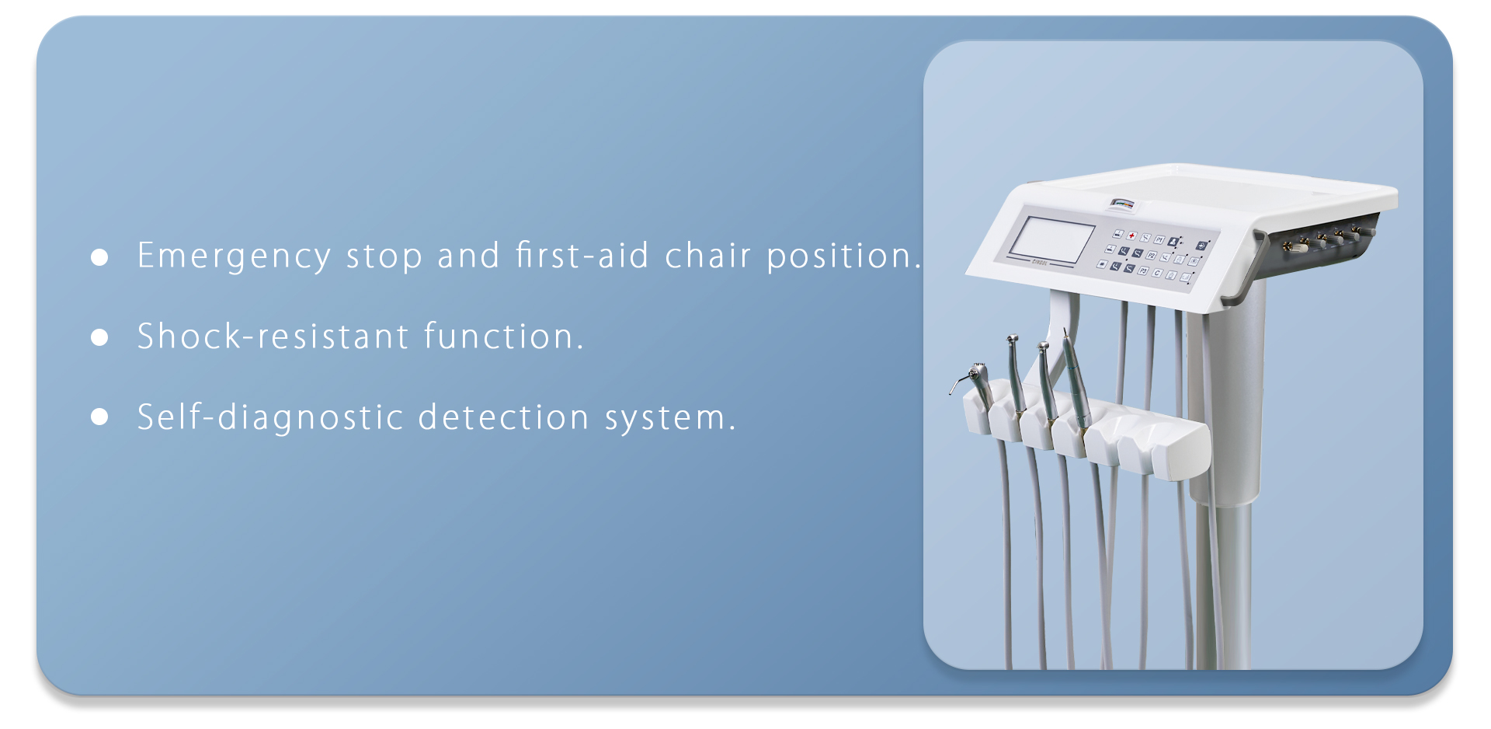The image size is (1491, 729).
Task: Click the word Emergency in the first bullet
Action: coord(235,257)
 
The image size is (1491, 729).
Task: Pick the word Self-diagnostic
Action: coord(270,417)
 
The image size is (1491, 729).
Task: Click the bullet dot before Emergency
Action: coord(99,257)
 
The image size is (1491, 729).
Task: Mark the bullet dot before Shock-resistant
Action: coord(99,337)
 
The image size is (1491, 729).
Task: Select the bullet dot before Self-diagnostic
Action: coord(99,417)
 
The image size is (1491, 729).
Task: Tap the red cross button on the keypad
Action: coord(1131,235)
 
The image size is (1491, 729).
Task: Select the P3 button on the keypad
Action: coord(1142,270)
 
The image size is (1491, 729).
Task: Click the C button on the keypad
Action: coord(1156,273)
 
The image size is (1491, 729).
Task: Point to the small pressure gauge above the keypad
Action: coord(1121,205)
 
